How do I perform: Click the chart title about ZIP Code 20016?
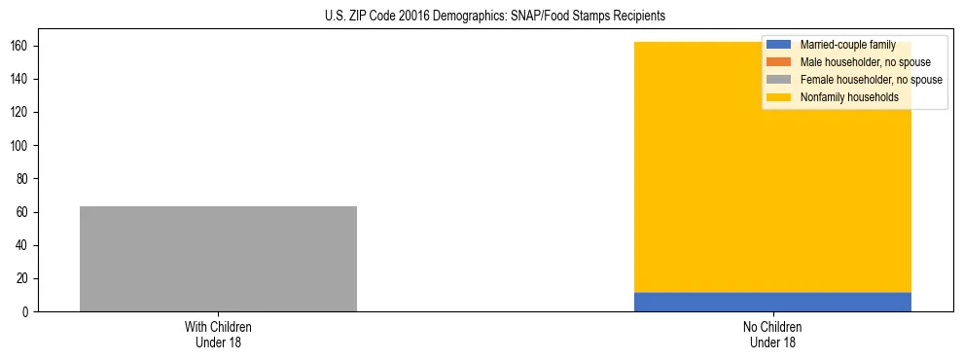pos(495,17)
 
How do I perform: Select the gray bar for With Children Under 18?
pos(218,259)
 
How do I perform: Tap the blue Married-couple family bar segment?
pos(772,302)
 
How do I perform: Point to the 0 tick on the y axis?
pos(29,312)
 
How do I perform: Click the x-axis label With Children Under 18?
pos(218,334)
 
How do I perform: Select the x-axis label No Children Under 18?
pos(772,334)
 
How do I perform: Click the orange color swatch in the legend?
pos(779,62)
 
